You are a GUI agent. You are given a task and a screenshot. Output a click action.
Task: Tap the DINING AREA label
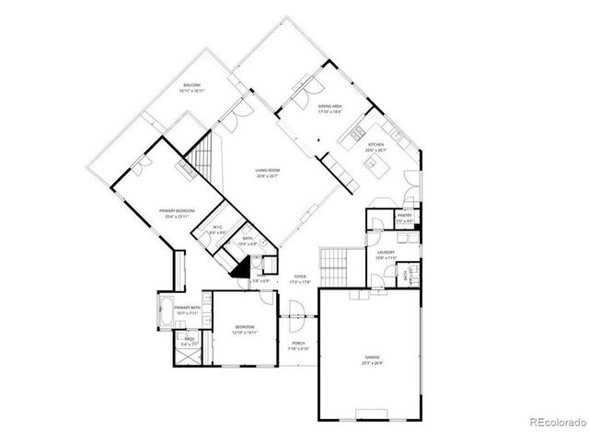pos(331,107)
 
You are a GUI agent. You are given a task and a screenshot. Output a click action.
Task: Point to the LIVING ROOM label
pos(268,170)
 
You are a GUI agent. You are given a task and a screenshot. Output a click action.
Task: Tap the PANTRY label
pos(403,217)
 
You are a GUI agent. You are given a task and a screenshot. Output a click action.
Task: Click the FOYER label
pos(300,276)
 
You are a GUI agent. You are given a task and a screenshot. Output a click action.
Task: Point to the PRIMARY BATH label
pos(188,308)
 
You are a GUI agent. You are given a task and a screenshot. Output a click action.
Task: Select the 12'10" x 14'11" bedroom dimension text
pos(244,332)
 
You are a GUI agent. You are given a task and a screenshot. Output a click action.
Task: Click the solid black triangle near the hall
pos(242,267)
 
